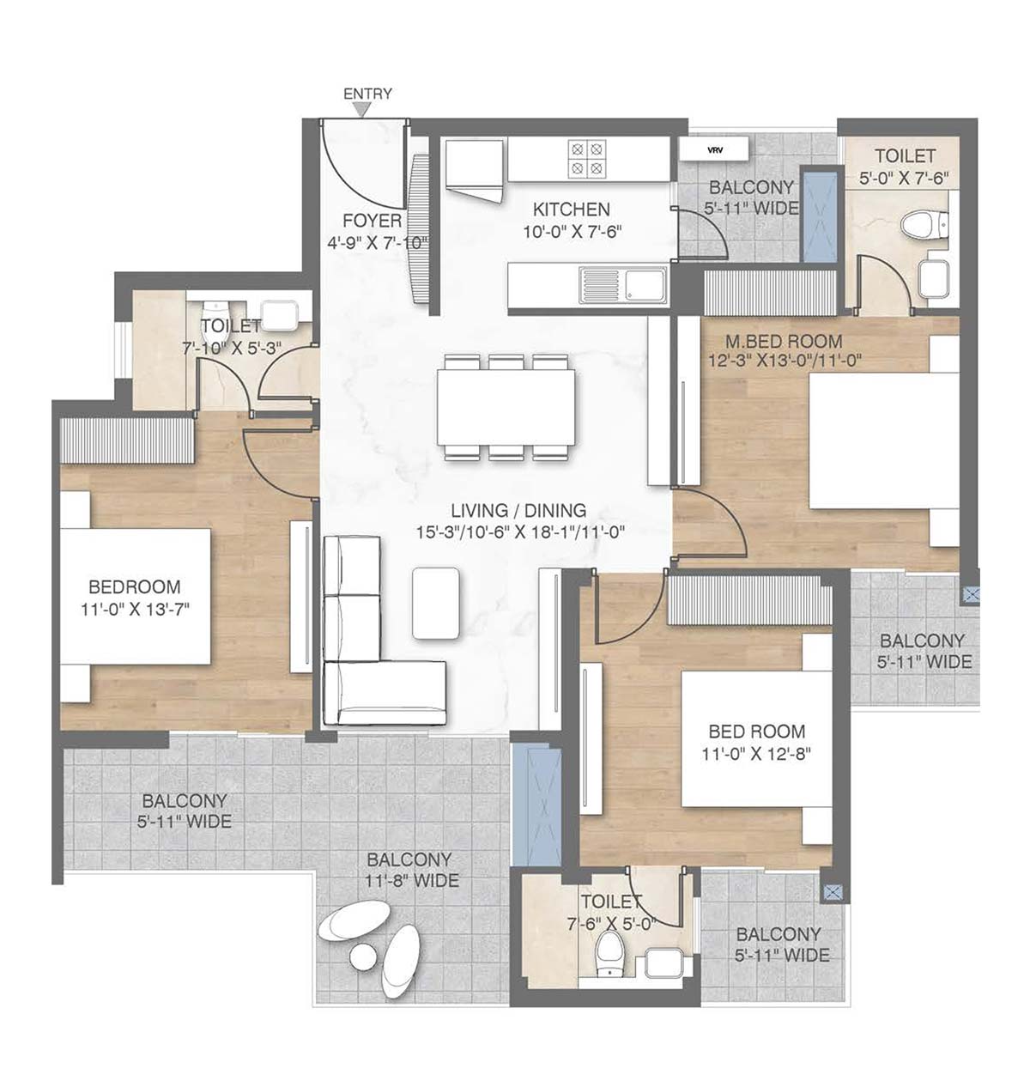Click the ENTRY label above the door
coord(367,94)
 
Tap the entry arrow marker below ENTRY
coord(364,110)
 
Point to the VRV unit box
coord(714,149)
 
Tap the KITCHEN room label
coord(571,209)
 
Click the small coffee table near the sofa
coord(435,603)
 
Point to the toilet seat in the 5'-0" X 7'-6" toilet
coord(918,226)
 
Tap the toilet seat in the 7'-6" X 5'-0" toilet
coord(609,953)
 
